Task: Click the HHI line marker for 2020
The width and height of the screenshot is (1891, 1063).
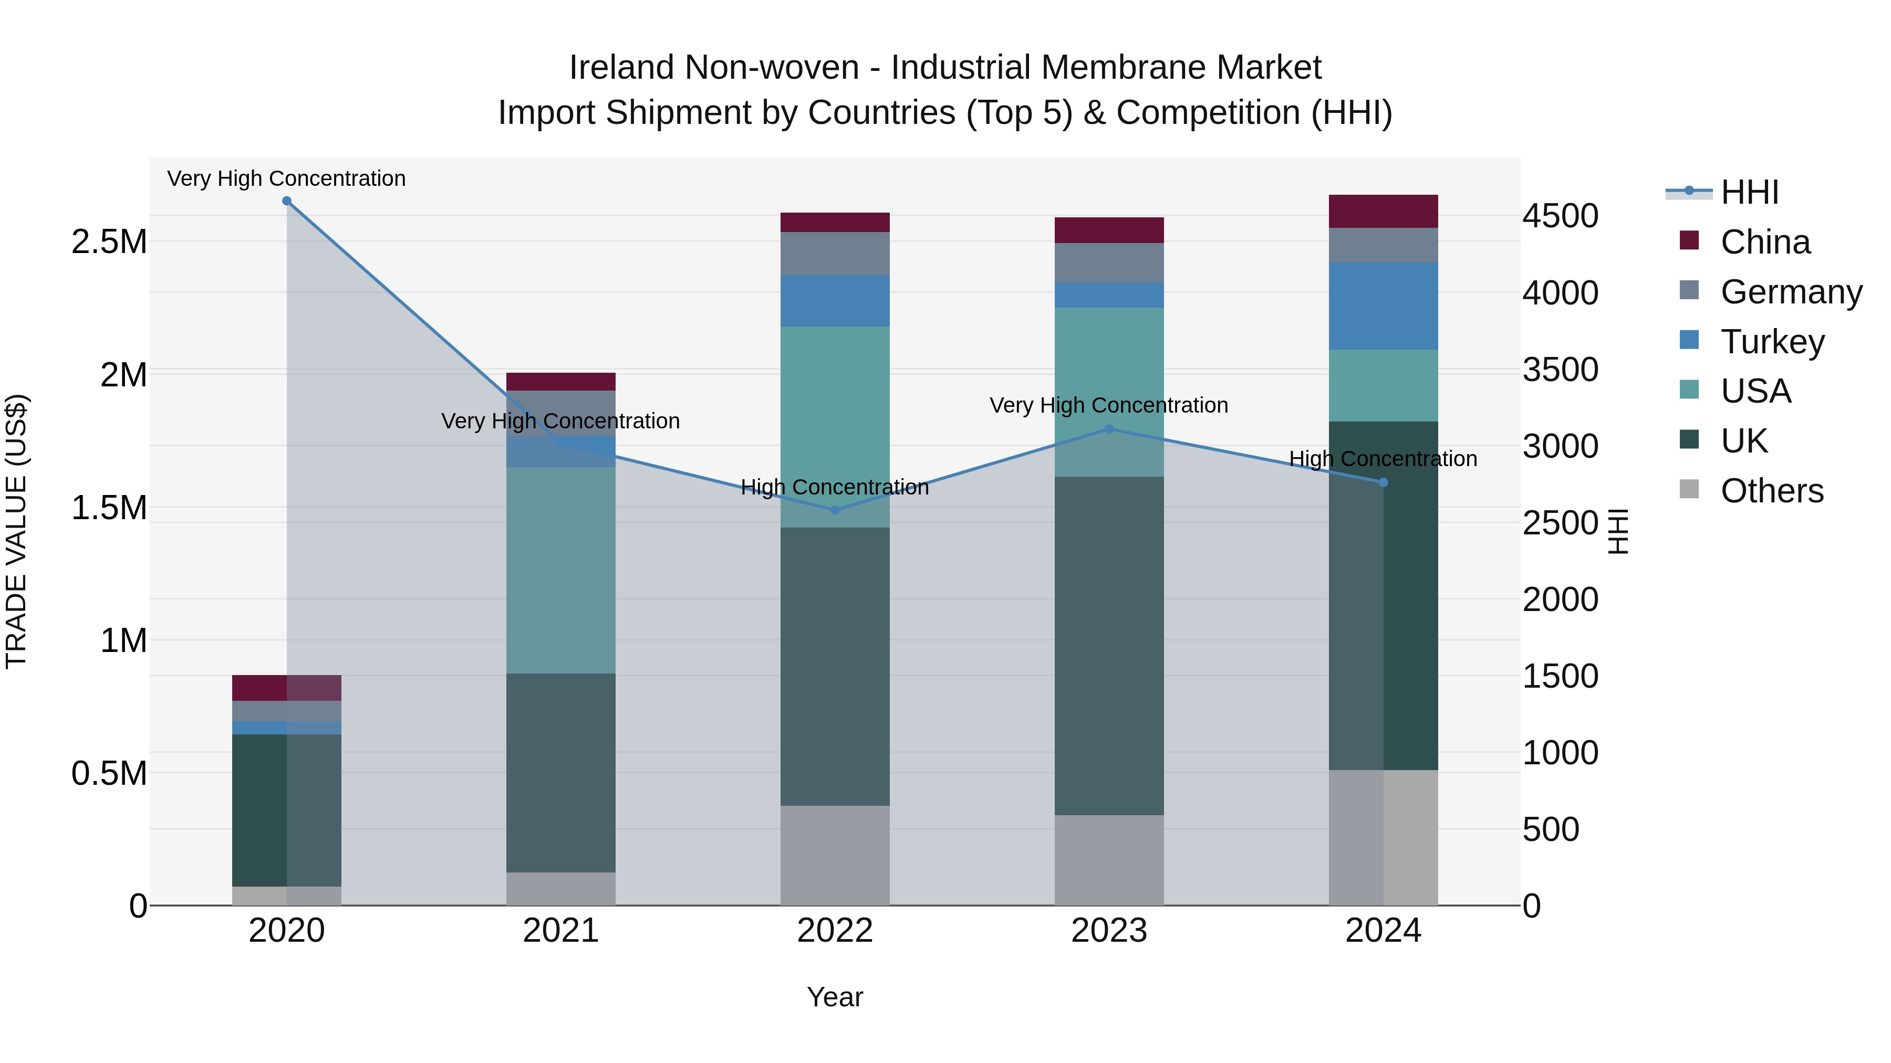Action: tap(287, 201)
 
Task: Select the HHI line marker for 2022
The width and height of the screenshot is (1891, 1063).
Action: tap(835, 510)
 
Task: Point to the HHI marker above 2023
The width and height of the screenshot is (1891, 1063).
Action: tap(1109, 429)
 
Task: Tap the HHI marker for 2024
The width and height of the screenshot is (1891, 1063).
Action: tap(1383, 482)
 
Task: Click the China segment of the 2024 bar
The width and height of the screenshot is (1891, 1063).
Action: tap(1383, 211)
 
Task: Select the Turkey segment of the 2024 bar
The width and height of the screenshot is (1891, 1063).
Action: tap(1383, 306)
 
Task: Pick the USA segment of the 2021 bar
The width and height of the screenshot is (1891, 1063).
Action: tap(561, 570)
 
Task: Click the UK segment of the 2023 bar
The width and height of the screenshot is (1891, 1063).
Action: tap(1109, 646)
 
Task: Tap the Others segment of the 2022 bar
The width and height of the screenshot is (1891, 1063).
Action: tap(835, 856)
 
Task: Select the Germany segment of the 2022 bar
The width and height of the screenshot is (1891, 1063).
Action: tap(835, 254)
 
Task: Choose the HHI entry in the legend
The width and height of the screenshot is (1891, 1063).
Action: tap(1749, 192)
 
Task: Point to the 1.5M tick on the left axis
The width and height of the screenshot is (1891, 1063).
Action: tap(109, 508)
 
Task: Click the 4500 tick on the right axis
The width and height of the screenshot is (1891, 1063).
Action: tap(1560, 216)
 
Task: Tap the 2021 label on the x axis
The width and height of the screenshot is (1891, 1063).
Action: tap(561, 931)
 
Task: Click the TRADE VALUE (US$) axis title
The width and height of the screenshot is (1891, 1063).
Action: tap(17, 531)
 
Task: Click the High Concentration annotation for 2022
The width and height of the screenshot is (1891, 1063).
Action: tap(835, 487)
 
